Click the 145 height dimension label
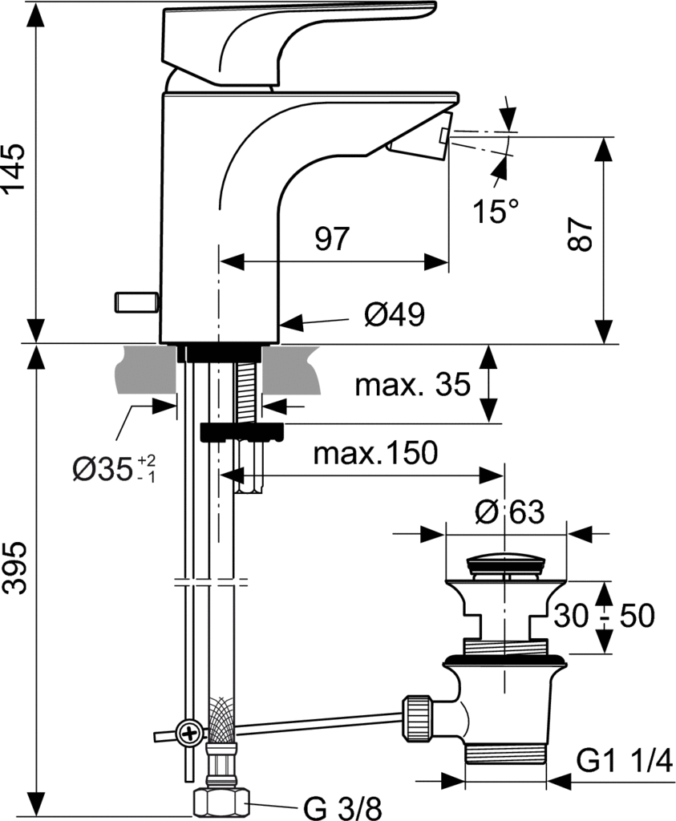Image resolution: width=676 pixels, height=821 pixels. (14, 167)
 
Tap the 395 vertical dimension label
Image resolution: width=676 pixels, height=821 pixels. (14, 568)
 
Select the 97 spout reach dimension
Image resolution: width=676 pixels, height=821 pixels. (332, 238)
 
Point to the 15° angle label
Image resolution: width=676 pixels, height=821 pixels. (496, 211)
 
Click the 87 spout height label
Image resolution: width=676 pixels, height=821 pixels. (581, 235)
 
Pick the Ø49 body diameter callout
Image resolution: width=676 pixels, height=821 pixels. (395, 314)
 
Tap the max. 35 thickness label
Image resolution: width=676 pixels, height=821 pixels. (413, 385)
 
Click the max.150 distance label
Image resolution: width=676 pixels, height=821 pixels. (375, 453)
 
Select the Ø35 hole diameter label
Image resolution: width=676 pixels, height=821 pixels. (114, 468)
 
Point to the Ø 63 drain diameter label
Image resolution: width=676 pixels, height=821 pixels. (509, 512)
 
